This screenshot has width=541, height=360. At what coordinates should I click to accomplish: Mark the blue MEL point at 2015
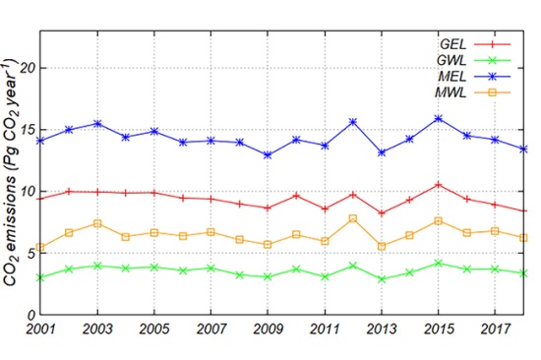coord(439,119)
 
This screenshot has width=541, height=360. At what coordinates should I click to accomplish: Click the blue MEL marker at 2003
coord(97,124)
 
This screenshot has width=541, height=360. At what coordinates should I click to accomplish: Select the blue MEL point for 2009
coord(268,155)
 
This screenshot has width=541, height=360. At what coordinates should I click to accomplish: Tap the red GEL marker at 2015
coord(439,184)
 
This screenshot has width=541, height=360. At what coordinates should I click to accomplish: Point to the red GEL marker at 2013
coord(382,212)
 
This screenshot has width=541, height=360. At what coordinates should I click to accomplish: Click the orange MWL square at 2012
coord(353,217)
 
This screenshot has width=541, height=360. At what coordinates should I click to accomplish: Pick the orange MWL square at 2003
coord(97,223)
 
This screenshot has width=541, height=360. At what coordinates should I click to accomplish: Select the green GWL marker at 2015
coord(439,263)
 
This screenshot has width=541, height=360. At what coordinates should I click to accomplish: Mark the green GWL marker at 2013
coord(382,278)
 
